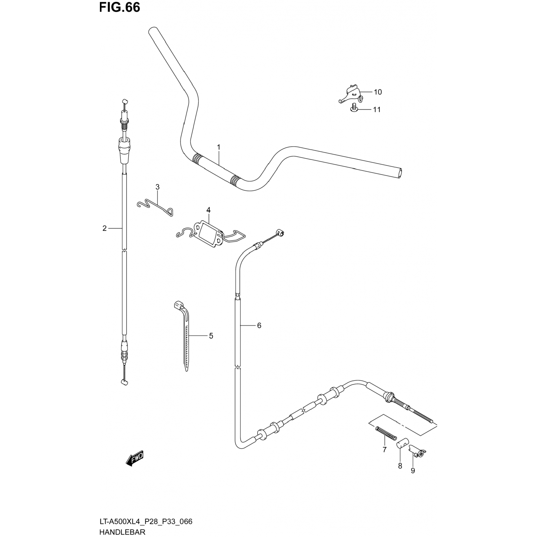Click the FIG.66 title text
[120, 8]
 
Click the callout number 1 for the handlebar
[218, 147]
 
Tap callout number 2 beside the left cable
[105, 228]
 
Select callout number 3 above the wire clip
[157, 187]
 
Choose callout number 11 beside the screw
[377, 110]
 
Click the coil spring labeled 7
[386, 433]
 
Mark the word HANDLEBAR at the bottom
[122, 532]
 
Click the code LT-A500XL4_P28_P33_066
[146, 522]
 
